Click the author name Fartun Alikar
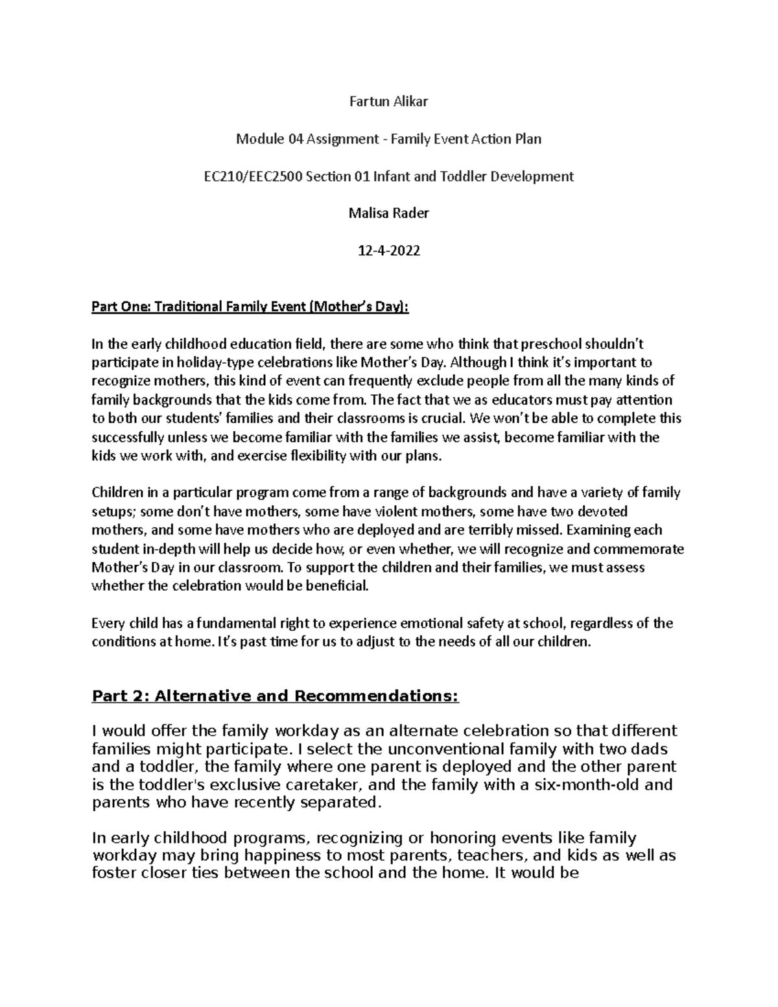click(389, 101)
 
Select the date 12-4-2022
click(389, 250)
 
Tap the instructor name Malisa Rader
click(389, 213)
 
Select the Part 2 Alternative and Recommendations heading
click(275, 696)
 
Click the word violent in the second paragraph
click(408, 512)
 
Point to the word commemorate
click(645, 549)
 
